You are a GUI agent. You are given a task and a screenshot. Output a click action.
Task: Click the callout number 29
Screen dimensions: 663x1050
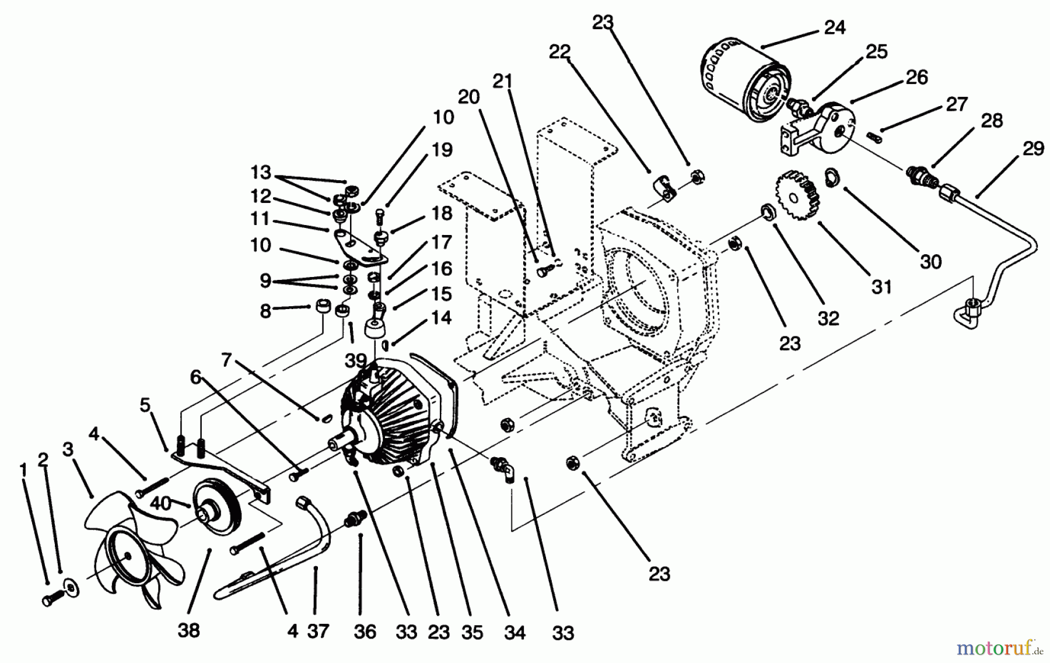(x=1032, y=149)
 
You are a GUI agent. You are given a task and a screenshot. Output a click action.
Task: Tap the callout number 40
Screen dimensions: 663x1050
(x=161, y=503)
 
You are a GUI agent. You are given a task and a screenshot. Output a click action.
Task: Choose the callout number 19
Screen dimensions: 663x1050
(x=442, y=150)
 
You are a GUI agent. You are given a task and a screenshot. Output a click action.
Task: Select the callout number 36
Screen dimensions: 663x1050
(x=365, y=632)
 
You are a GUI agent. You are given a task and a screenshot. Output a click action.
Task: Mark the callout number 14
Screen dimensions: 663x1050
(x=442, y=318)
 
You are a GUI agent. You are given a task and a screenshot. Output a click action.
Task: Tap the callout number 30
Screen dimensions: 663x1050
(x=930, y=262)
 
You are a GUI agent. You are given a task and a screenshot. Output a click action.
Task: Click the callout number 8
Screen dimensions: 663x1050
(x=265, y=311)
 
